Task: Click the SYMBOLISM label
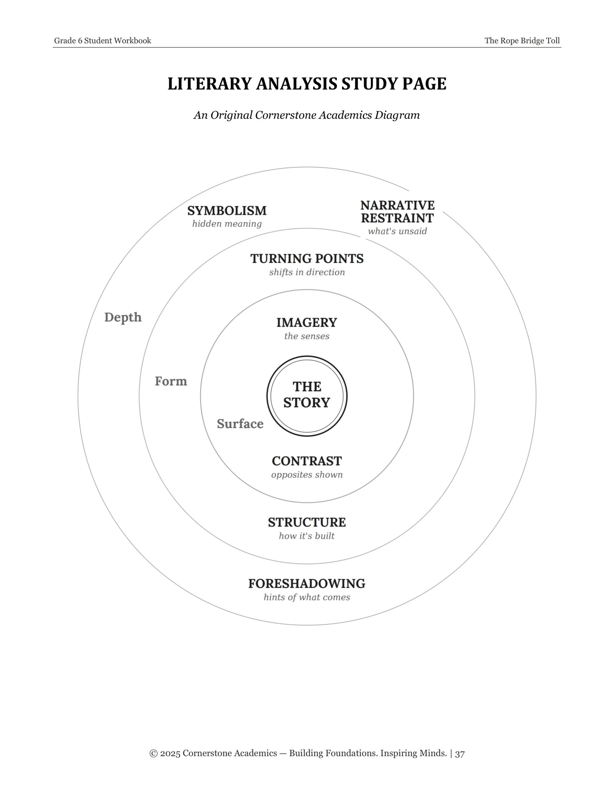(227, 211)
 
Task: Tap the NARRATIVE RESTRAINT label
(397, 211)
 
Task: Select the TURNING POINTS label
(307, 259)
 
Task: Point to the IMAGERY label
(307, 323)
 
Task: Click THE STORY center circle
(307, 395)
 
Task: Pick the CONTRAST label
(307, 461)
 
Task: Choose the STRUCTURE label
(307, 522)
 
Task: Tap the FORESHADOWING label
(307, 584)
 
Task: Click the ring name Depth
(123, 318)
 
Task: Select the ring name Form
(171, 381)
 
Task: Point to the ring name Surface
(240, 424)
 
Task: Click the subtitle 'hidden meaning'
(227, 224)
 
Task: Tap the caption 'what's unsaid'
(397, 231)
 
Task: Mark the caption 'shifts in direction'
(307, 272)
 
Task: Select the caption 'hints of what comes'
(307, 597)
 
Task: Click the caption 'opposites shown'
(307, 475)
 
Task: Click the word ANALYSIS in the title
(297, 84)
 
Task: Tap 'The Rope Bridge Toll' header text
(522, 41)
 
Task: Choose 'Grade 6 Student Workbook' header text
(103, 41)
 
